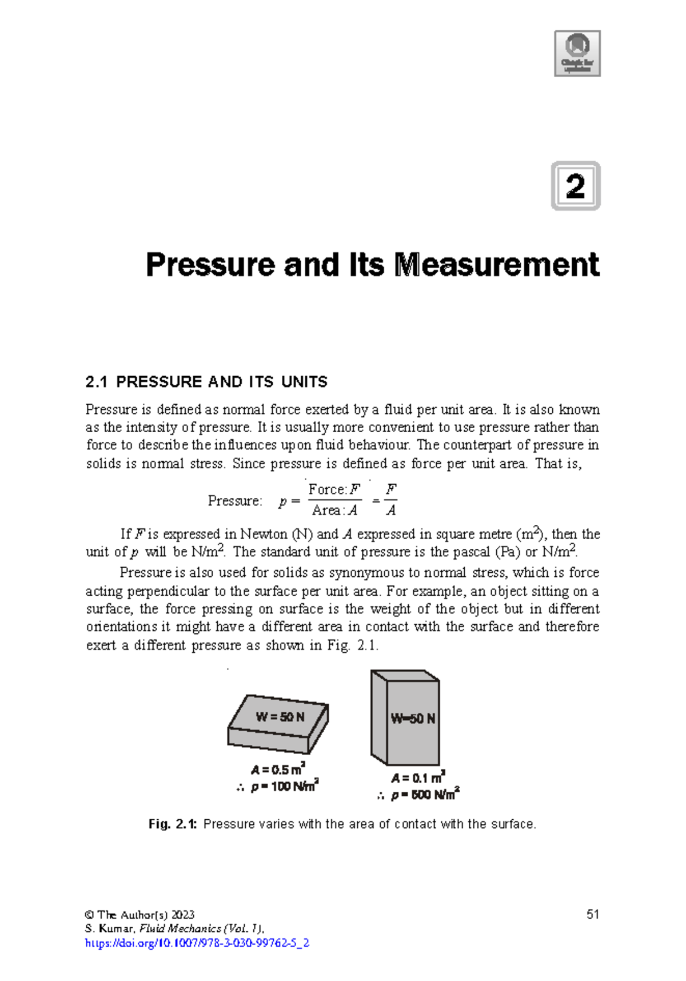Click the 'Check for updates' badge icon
click(577, 53)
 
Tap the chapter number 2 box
click(575, 186)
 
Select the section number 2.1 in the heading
click(97, 382)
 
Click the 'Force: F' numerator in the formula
click(334, 490)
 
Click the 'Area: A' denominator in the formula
click(334, 510)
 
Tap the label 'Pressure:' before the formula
click(235, 501)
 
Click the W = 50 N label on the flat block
click(280, 717)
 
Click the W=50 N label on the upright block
click(413, 719)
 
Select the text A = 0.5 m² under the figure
click(278, 769)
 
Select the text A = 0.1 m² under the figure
click(417, 777)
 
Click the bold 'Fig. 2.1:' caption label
click(173, 824)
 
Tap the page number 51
click(592, 914)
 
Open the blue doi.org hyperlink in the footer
click(197, 943)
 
